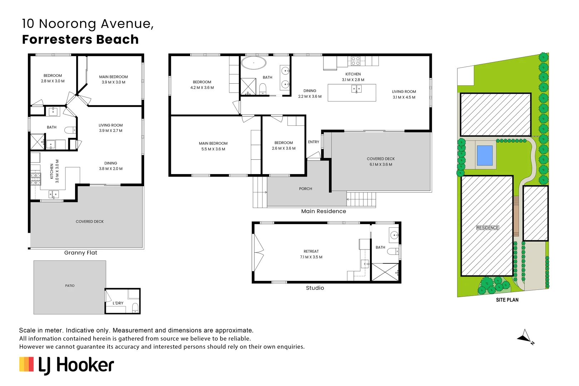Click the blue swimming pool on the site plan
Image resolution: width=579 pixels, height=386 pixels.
tap(485, 155)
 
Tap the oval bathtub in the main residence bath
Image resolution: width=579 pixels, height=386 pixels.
tap(253, 63)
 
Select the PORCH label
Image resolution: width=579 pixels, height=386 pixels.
tap(305, 189)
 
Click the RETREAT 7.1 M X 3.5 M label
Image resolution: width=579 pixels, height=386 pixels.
tap(311, 254)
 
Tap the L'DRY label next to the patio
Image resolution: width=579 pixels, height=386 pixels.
tap(118, 303)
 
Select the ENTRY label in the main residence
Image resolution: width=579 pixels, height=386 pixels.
tap(313, 142)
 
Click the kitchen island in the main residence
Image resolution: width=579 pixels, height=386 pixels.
tap(352, 93)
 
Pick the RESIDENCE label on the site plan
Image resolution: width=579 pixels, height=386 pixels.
tap(487, 228)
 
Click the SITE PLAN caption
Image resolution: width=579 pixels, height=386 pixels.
tap(507, 300)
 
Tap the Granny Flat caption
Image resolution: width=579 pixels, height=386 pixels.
tap(80, 253)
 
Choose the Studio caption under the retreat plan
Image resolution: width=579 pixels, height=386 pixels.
tap(315, 288)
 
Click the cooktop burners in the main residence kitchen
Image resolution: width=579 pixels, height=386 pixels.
tap(355, 61)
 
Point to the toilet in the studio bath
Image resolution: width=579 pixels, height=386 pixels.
tap(392, 252)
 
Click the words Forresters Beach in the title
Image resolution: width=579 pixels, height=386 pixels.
tap(80, 39)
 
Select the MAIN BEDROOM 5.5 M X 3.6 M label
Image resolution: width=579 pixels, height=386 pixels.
tap(213, 146)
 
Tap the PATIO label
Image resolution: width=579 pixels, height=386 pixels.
tap(70, 286)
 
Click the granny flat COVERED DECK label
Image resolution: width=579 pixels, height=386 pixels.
tap(89, 222)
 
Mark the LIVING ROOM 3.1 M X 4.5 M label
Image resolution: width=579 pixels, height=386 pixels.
tap(404, 94)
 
